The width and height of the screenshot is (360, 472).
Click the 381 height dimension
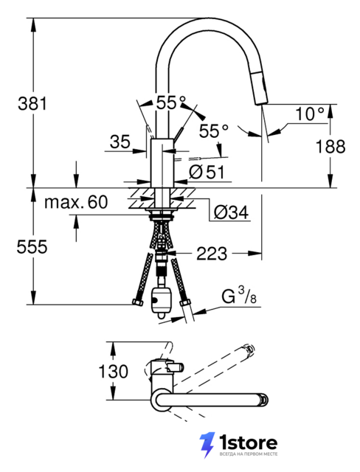pos(32,103)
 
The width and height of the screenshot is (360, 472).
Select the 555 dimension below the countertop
pos(32,247)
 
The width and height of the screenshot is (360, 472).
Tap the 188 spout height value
pos(330,147)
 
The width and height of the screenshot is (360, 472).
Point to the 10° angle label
pos(310,114)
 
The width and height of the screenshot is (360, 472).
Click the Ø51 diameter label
pos(207,173)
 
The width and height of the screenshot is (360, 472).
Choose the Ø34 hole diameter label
pos(231,213)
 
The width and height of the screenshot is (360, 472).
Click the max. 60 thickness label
pos(76,201)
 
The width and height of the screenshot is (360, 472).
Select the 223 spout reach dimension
pos(212,254)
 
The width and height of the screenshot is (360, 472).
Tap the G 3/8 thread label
pos(239,296)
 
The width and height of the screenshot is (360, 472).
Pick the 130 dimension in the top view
pos(113,371)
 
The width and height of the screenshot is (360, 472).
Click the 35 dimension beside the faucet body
pos(120,142)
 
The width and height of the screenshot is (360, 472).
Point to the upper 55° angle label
pos(170,103)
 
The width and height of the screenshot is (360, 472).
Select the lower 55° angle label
pos(214,131)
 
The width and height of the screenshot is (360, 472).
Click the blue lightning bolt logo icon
pos(207,445)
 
